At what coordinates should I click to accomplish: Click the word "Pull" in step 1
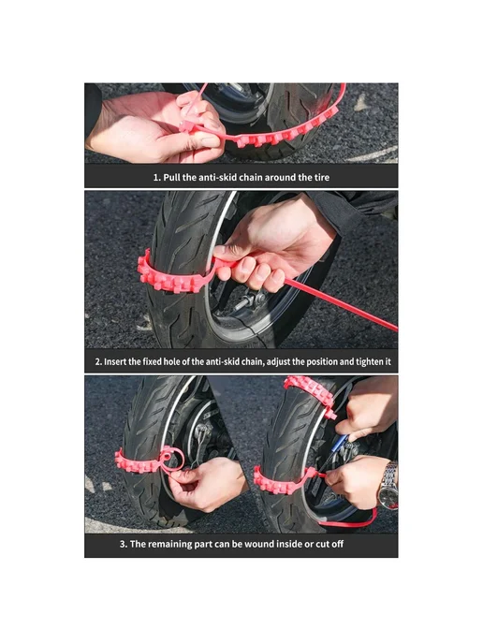tap(172, 178)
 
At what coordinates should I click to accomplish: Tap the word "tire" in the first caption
tap(322, 178)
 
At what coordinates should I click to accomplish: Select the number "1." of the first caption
tap(157, 178)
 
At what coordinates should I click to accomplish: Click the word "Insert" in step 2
tap(116, 362)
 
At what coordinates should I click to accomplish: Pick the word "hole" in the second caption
tap(172, 362)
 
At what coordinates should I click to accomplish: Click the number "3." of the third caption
tap(124, 544)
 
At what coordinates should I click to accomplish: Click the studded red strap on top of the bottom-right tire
tap(310, 392)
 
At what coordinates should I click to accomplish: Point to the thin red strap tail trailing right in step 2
tap(341, 305)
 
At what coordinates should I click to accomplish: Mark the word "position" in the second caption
tap(322, 362)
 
